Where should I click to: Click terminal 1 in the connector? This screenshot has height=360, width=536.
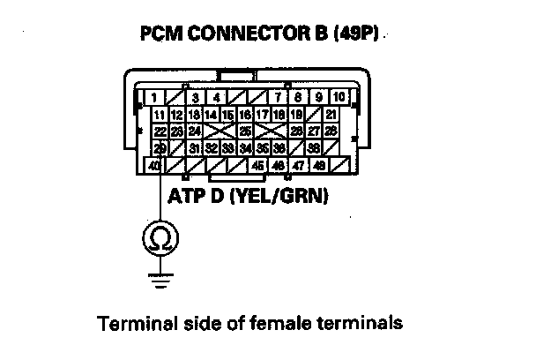click(x=155, y=97)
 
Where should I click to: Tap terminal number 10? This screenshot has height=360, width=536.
click(x=337, y=96)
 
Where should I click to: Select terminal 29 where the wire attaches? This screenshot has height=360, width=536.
click(x=160, y=147)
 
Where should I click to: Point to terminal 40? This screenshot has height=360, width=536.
click(x=155, y=165)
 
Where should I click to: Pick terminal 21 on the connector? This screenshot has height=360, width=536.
click(x=331, y=115)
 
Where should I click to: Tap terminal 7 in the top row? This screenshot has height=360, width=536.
click(x=278, y=97)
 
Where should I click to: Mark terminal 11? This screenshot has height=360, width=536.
click(x=160, y=115)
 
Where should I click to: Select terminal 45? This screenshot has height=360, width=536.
click(x=257, y=165)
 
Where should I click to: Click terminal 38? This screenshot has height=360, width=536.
click(x=314, y=148)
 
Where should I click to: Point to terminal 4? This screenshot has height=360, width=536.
click(x=216, y=97)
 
